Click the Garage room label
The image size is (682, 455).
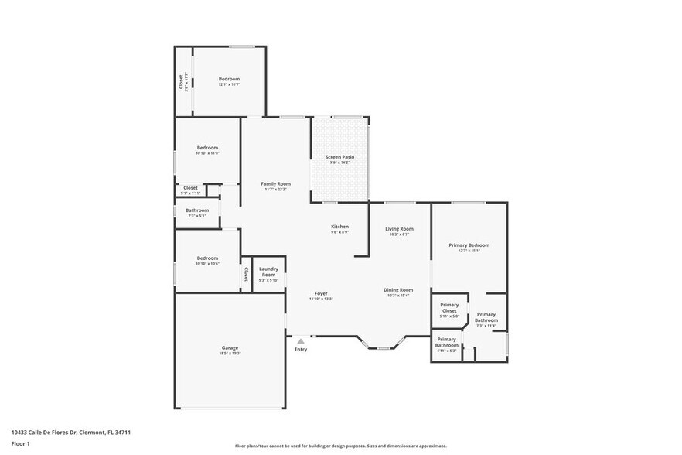[x=230, y=347]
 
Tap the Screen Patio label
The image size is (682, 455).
[x=339, y=157]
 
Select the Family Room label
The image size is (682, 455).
[x=275, y=183]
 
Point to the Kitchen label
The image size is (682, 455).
[x=339, y=226]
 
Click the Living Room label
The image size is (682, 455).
[x=400, y=228]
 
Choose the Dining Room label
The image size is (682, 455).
[x=398, y=289]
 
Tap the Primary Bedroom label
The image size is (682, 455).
[x=469, y=245]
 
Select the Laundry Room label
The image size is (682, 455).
[x=268, y=271]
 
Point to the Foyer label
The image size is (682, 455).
[x=320, y=293]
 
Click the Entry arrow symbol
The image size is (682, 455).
[x=301, y=340]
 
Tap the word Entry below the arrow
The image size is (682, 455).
[x=301, y=350]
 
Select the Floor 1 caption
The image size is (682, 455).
[x=20, y=443]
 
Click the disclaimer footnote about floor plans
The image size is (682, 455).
[x=340, y=446]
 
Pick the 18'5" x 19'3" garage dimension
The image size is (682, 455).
[x=230, y=353]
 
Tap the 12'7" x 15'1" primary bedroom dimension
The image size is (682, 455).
[x=469, y=251]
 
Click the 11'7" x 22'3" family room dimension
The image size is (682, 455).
[x=275, y=189]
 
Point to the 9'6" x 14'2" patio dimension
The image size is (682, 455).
[x=339, y=162]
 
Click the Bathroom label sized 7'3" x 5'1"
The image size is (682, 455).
[x=196, y=210]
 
